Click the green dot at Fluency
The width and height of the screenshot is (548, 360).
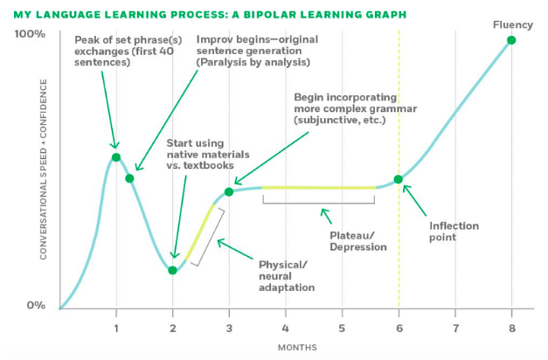coord(510,40)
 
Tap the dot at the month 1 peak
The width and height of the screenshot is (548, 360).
coord(116,157)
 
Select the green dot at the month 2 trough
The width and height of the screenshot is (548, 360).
coord(173,270)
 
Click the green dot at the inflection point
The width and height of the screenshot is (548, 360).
coord(399,180)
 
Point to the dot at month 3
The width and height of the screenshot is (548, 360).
coord(229,191)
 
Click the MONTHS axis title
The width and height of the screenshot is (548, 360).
coord(297,348)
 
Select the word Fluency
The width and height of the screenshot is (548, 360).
coord(512,24)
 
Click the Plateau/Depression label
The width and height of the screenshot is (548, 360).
coord(358,241)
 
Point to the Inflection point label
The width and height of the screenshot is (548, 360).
coord(454,232)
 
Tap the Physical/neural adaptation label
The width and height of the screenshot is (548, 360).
coord(287,275)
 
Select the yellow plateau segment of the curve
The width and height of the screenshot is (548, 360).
coord(319,188)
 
